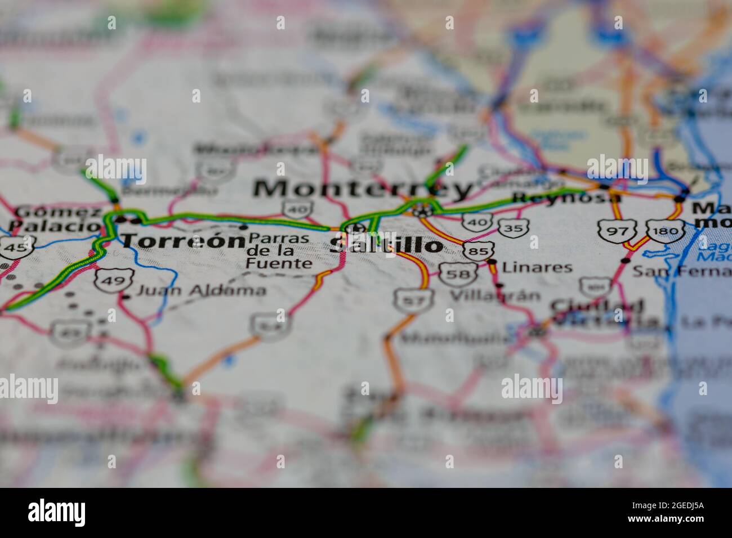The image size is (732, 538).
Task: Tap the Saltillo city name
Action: pos(386,245)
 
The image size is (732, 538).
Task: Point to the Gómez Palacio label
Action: pos(55,219)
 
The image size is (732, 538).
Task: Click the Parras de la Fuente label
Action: pos(278,250)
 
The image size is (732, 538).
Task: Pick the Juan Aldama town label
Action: pos(202,290)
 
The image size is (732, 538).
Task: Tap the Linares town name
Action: pos(537,267)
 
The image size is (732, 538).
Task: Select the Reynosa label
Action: pos(566,198)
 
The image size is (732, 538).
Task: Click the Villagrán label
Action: pos(495,295)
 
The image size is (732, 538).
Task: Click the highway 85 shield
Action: pos(479,250)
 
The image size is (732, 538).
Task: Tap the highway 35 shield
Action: pos(513,227)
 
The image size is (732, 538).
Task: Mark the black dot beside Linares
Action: pos(492,262)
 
